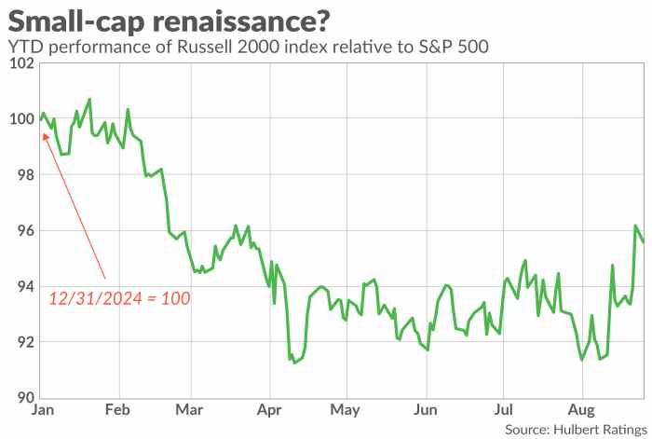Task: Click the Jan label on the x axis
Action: pos(40,411)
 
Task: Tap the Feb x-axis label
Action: pos(116,411)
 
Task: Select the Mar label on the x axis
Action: pos(189,411)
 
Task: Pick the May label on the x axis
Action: pos(346,411)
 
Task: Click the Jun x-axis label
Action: pos(425,411)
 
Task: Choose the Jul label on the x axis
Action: pos(503,411)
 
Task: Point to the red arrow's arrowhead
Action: pos(46,134)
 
